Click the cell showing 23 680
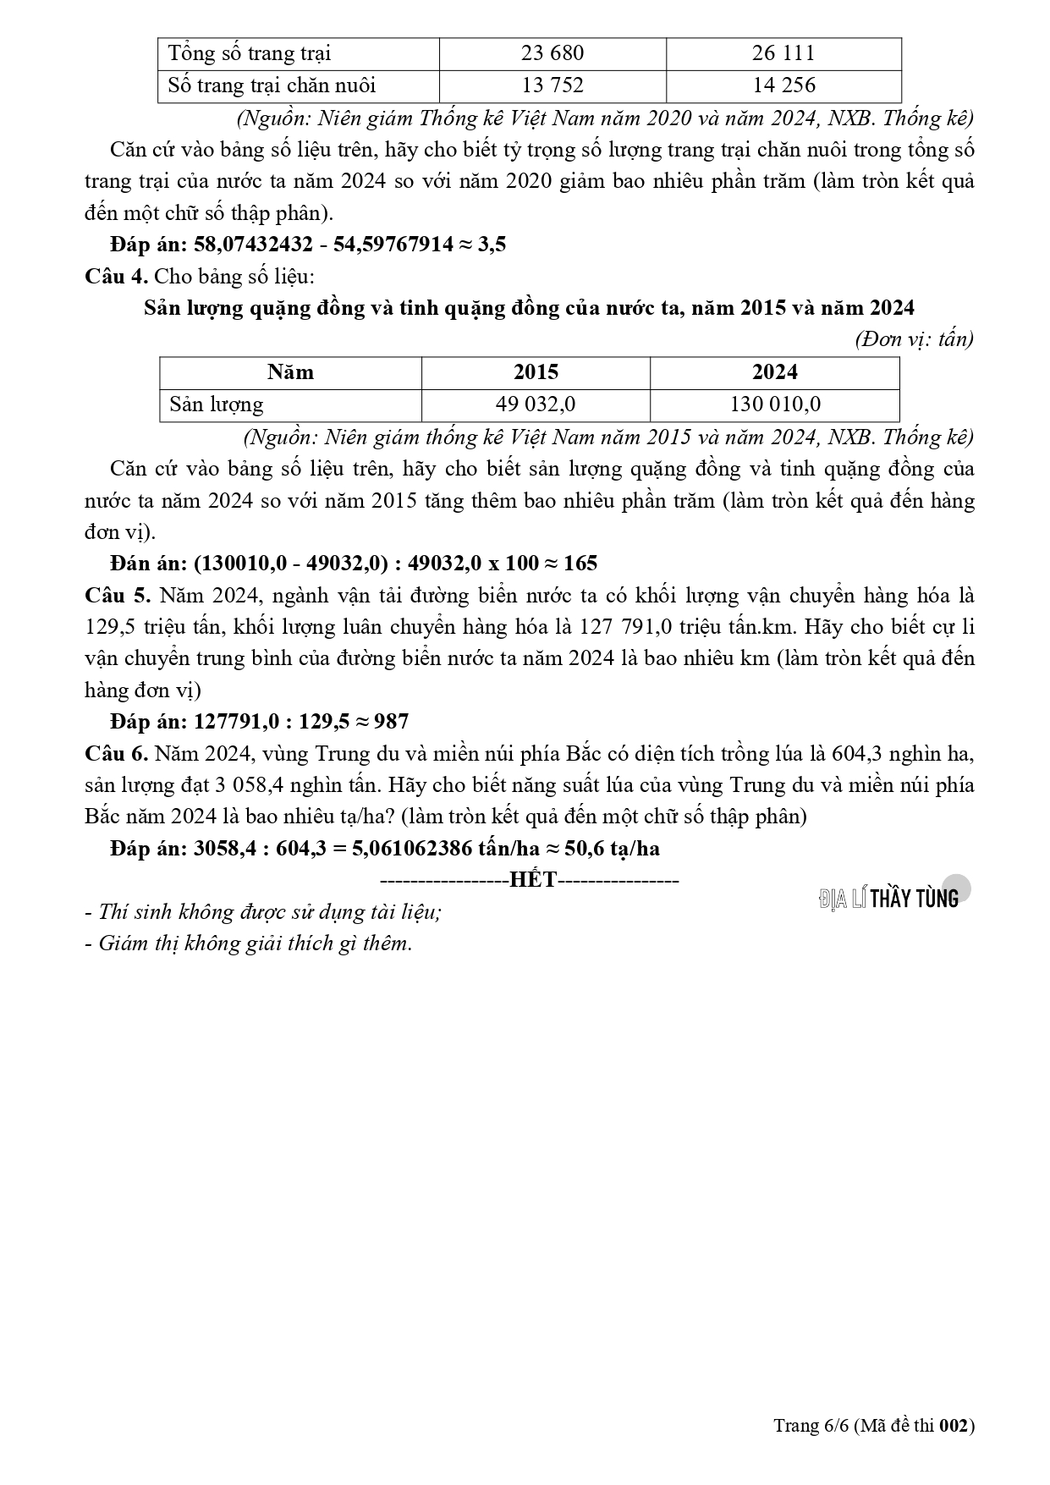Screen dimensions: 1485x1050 coord(552,53)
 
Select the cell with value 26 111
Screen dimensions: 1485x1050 coord(783,53)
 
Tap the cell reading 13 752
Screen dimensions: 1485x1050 coord(552,85)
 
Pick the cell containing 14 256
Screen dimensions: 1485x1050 coord(783,85)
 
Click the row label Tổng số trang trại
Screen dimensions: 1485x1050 coord(249,53)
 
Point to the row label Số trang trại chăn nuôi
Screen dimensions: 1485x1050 coord(272,85)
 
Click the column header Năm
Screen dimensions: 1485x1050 coord(290,372)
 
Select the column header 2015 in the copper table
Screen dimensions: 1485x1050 coord(536,372)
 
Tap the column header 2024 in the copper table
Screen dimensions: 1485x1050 coord(774,372)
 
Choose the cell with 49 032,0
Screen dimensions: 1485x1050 coord(536,404)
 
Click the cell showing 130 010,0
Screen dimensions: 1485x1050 coord(774,404)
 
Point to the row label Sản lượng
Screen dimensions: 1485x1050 coord(216,404)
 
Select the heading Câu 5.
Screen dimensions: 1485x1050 coord(117,596)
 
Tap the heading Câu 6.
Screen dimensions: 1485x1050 coord(117,753)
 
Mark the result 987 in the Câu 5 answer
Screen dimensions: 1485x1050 coord(391,722)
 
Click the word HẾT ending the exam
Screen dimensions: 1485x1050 coord(533,880)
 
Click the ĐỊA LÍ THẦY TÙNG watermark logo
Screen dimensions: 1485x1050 coord(889,898)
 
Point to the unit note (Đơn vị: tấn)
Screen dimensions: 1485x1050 coord(914,340)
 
